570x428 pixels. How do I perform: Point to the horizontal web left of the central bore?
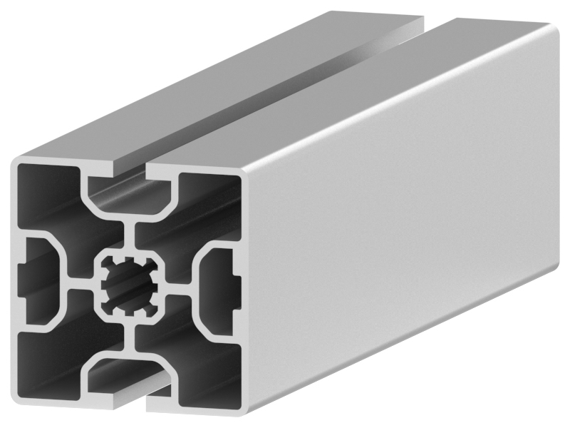(82, 285)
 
